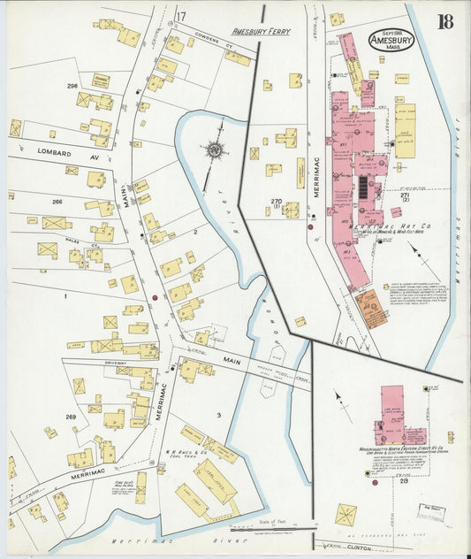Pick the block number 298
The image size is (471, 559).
tap(72, 86)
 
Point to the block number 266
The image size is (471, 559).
tap(57, 202)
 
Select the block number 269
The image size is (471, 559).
tap(71, 416)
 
